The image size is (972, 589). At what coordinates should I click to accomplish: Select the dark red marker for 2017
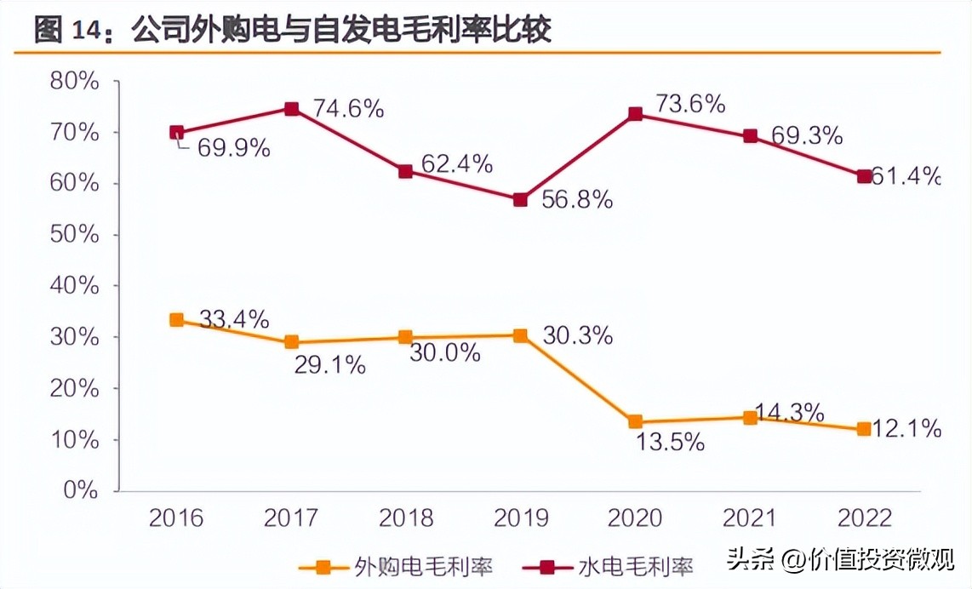[x=291, y=109]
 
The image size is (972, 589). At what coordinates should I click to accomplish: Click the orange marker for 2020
[x=635, y=422]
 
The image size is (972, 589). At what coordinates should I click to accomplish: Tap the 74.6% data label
[x=348, y=109]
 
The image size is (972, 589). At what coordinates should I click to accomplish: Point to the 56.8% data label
[x=577, y=200]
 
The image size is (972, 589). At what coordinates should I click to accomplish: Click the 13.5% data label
[x=669, y=443]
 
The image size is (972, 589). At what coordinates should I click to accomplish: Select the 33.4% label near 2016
[x=234, y=319]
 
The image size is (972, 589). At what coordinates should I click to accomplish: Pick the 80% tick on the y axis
[x=75, y=82]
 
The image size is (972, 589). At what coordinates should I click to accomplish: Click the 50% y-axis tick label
[x=75, y=235]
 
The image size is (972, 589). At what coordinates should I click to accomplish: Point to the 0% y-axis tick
[x=82, y=491]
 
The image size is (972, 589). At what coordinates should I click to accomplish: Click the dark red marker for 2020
[x=635, y=114]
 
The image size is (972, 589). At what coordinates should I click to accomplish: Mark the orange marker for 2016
[x=177, y=320]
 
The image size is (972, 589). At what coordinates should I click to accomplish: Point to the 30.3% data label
[x=577, y=335]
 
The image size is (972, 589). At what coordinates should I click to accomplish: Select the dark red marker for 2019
[x=520, y=200]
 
